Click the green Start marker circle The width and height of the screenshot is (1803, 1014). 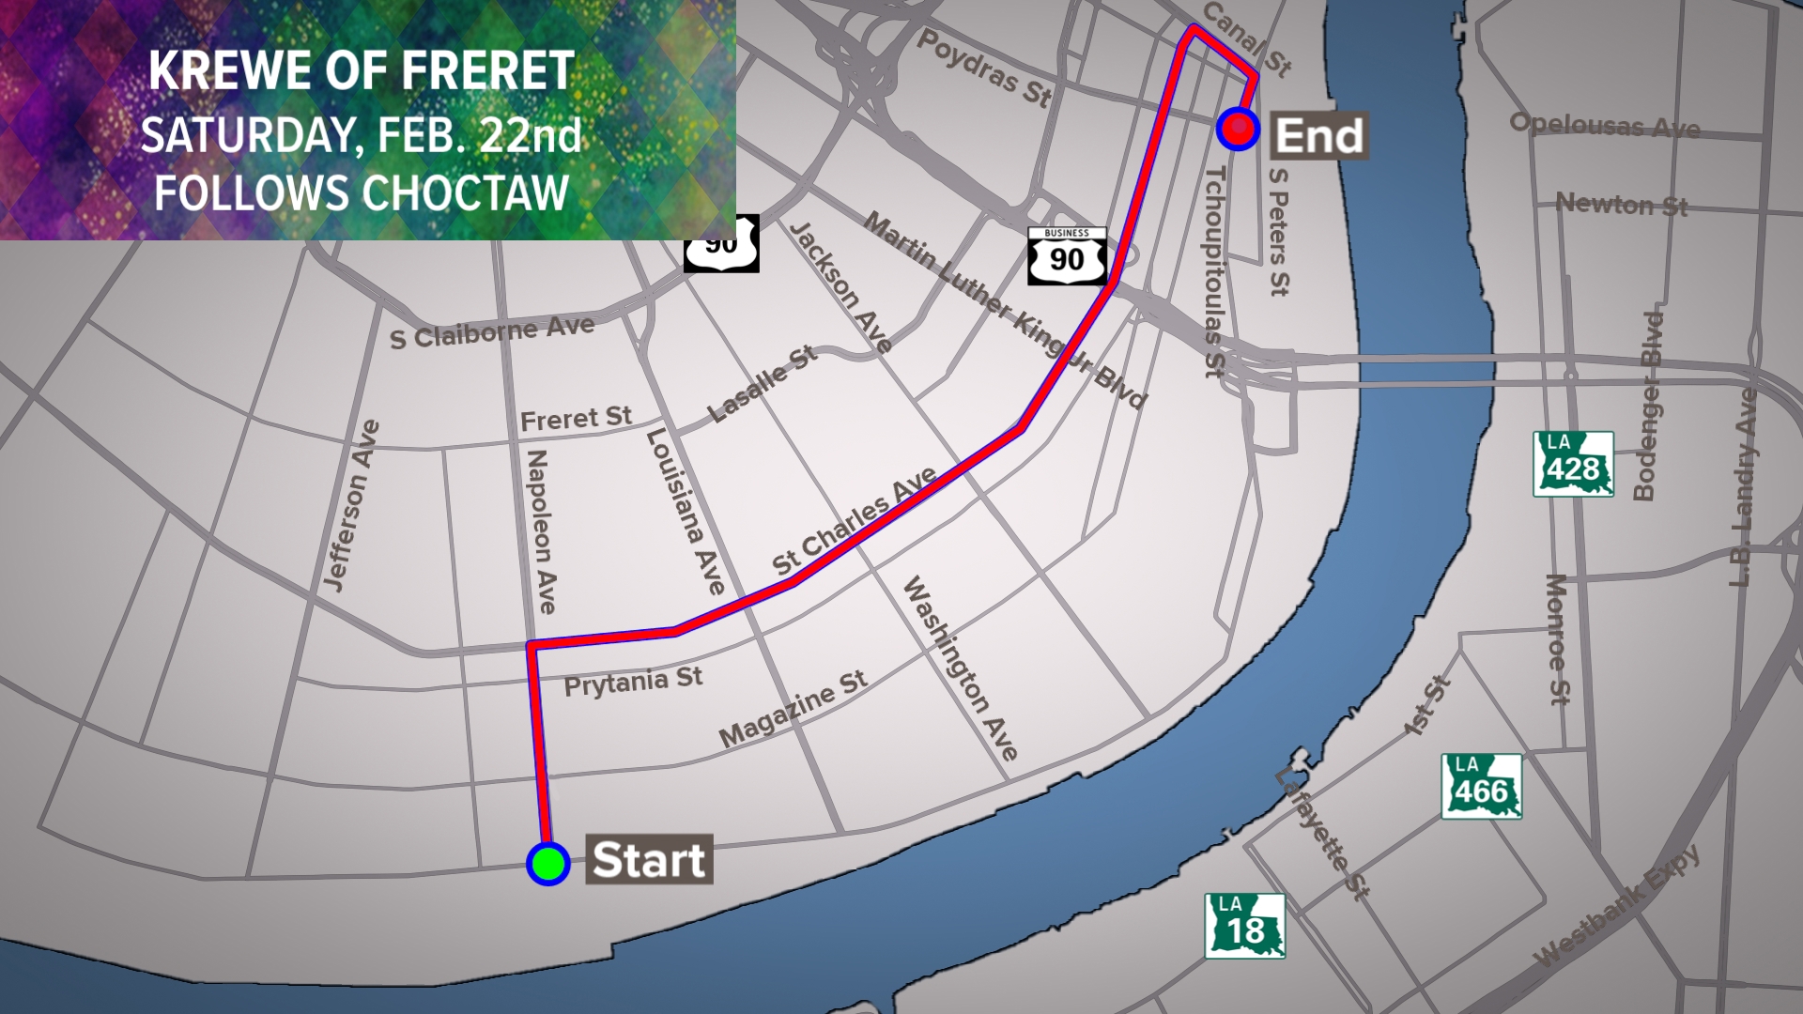(548, 863)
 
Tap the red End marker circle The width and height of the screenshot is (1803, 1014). (1238, 129)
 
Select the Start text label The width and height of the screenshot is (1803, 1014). (649, 860)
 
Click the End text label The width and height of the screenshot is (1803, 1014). (1318, 136)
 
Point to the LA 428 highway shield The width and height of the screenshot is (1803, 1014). (1573, 464)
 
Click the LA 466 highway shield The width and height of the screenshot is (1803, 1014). (1481, 787)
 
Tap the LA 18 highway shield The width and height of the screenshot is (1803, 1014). (1244, 926)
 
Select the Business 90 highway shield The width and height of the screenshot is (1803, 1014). (1067, 255)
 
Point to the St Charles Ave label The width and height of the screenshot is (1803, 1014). (854, 521)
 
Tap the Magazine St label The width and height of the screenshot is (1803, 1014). (794, 709)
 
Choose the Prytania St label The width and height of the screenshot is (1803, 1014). (633, 682)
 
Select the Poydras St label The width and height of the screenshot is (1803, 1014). (984, 68)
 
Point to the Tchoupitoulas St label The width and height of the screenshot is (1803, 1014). (1214, 272)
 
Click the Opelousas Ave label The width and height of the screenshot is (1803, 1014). (1604, 125)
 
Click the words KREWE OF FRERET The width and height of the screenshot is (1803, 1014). (362, 71)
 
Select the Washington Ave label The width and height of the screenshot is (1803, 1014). (960, 668)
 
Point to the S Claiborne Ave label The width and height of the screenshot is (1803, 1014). (492, 332)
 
